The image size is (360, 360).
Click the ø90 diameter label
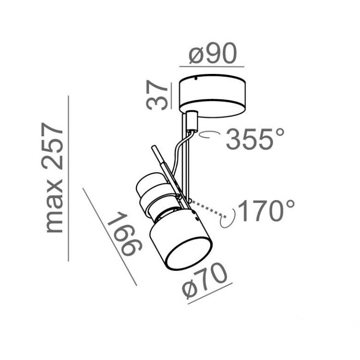pos(213,53)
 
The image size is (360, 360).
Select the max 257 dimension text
pos(52,178)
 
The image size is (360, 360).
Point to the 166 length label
pos(124,234)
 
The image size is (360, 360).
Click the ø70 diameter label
pos(204,280)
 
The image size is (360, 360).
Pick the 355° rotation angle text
pos(255,139)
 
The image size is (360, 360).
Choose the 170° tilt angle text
pos(266,211)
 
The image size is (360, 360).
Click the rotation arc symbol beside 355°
pos(209,135)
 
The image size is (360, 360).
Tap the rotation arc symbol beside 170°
pos(228,218)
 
